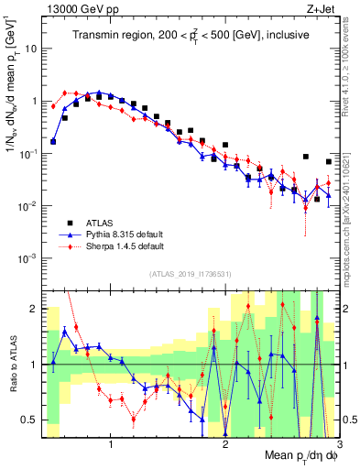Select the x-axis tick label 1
point(111,445)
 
